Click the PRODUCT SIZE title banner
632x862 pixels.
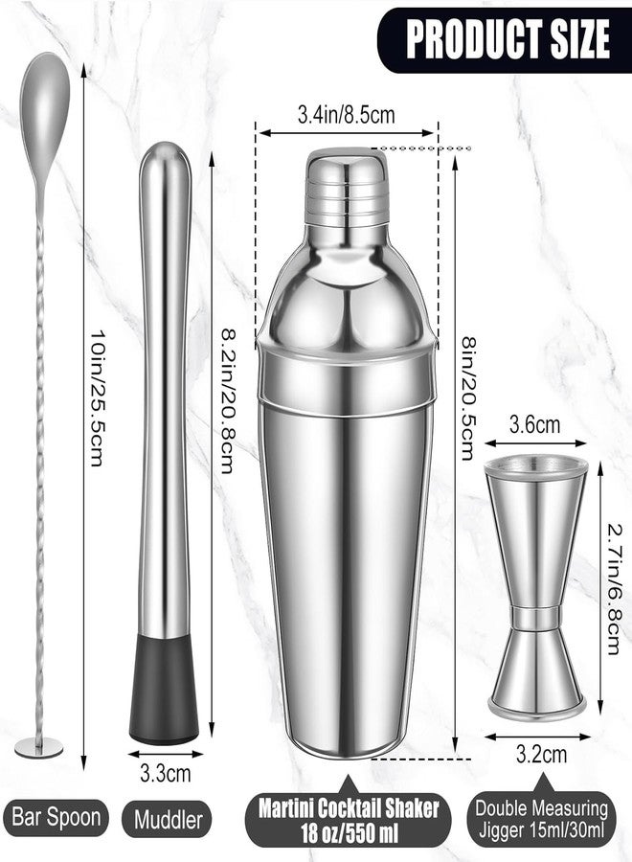coord(505,39)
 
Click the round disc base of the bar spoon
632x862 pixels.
coord(38,747)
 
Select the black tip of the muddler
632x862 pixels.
coord(164,690)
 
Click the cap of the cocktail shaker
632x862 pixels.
coord(347,187)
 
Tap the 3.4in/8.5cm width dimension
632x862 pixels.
coord(347,115)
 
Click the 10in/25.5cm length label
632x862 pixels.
coord(98,397)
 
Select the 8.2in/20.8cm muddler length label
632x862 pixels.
coord(229,400)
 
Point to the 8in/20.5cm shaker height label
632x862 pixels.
coord(467,398)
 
